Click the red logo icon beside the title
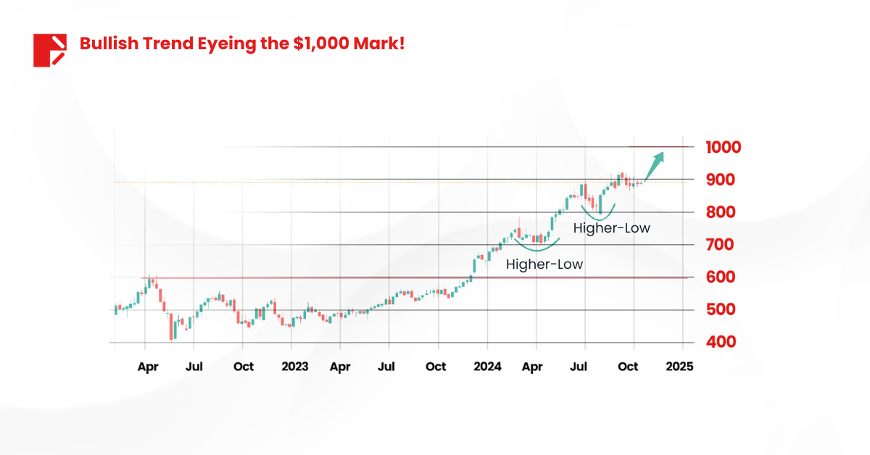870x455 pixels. tap(49, 50)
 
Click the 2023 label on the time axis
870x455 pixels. tap(294, 367)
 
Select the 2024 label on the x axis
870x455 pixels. tap(487, 367)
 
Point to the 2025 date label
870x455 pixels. tap(679, 367)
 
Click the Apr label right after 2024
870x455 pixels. tap(532, 367)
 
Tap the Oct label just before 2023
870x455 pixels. tap(244, 367)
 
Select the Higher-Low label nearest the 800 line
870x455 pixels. tap(611, 228)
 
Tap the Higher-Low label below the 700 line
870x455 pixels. tap(544, 264)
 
